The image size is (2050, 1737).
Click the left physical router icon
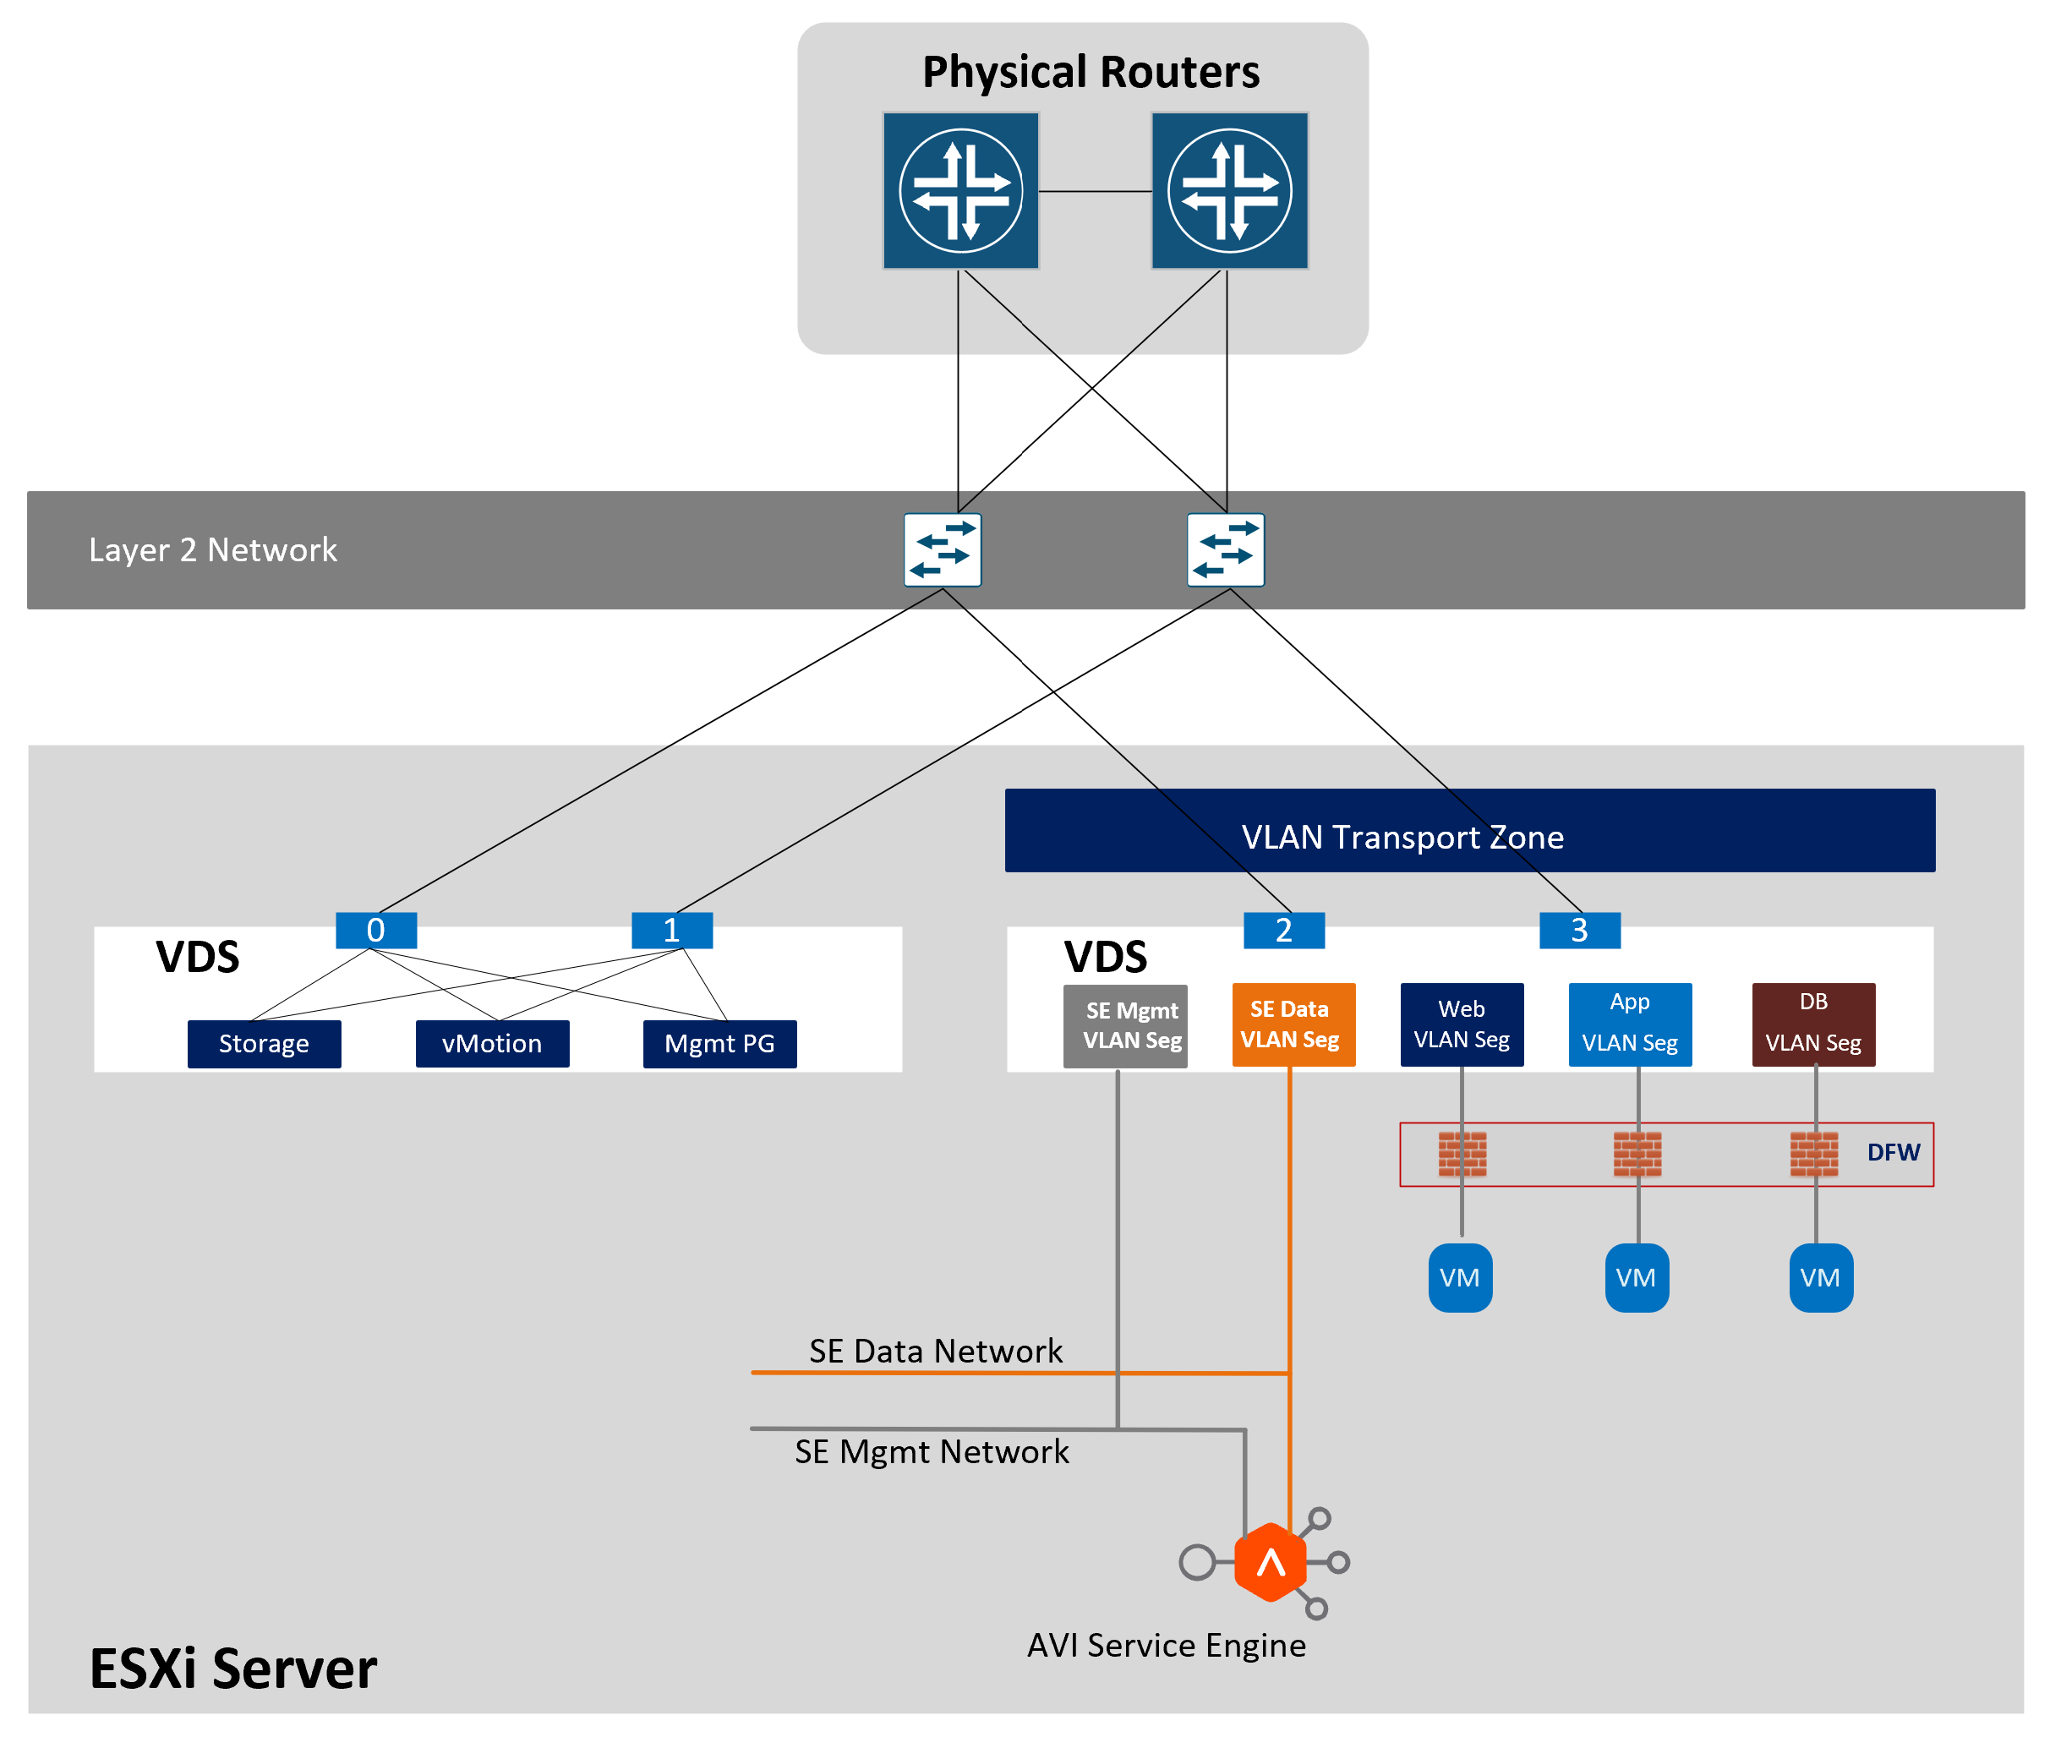[960, 190]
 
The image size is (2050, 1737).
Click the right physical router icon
[1229, 190]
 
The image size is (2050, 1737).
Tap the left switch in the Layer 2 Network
[943, 549]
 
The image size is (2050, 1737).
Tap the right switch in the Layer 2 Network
[1225, 549]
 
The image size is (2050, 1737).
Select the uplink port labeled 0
[375, 930]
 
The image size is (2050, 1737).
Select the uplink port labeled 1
[671, 930]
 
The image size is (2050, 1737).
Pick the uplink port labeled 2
[1283, 930]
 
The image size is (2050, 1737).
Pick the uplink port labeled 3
[1578, 930]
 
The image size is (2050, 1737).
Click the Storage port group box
[264, 1043]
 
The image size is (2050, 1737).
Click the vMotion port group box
[491, 1043]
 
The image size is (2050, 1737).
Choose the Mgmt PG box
[719, 1043]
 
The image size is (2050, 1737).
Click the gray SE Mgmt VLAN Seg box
[1124, 1025]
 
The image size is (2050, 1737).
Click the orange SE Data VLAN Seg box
[1293, 1024]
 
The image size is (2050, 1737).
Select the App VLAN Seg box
[1630, 1024]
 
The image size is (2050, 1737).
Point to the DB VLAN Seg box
[1812, 1024]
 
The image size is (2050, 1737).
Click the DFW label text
[1893, 1152]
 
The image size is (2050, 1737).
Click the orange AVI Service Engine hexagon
[1271, 1562]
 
